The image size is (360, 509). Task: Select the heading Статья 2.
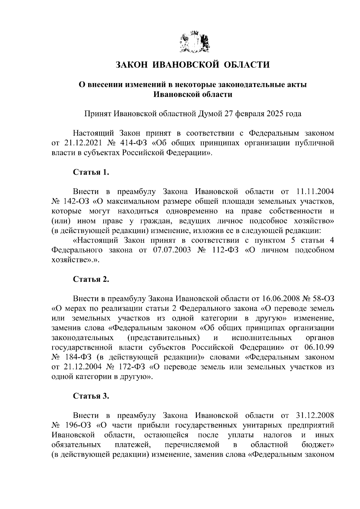[91, 279]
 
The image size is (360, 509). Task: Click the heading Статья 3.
[91, 396]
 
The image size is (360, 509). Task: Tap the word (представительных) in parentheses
[163, 338]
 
